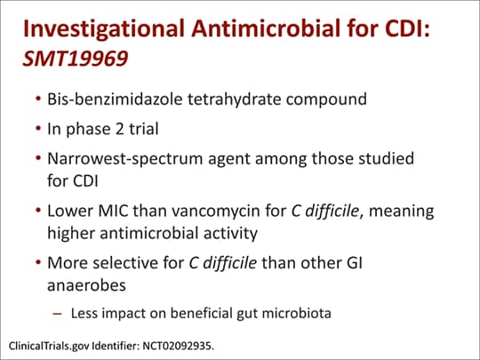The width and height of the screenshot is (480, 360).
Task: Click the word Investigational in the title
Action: (x=103, y=29)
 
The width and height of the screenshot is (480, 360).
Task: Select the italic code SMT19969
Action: (x=76, y=58)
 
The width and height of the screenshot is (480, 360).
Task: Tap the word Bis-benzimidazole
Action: (x=115, y=99)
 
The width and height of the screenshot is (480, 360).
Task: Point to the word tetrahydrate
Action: (x=234, y=100)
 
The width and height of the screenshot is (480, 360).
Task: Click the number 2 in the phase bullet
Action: (x=119, y=129)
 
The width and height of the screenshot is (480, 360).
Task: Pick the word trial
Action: (x=144, y=129)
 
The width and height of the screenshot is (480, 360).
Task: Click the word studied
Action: (x=387, y=158)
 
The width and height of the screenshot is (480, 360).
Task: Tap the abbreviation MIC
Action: (x=114, y=211)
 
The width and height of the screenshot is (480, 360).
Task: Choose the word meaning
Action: (x=401, y=212)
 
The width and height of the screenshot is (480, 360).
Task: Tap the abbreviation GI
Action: (x=355, y=263)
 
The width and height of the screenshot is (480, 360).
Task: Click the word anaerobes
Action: (x=86, y=285)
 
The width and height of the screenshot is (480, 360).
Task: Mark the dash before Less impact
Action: (x=57, y=314)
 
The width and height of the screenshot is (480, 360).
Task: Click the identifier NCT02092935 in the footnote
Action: (x=177, y=346)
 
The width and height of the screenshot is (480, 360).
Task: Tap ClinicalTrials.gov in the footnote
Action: (x=49, y=347)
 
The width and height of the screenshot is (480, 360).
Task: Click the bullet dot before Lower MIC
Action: (x=38, y=211)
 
